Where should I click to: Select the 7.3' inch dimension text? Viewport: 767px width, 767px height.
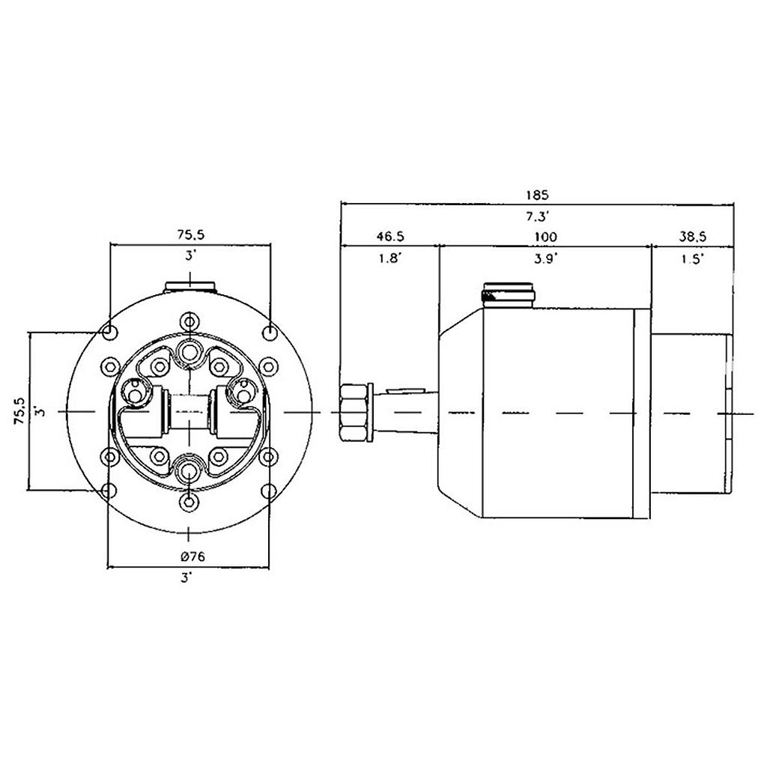(537, 216)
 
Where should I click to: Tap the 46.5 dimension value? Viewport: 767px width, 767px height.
(389, 237)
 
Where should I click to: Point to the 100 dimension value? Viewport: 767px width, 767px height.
(545, 237)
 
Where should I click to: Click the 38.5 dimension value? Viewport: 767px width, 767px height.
(693, 237)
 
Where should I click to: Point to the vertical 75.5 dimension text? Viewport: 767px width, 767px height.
(20, 411)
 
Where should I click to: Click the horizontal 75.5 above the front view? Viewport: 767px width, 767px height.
(191, 234)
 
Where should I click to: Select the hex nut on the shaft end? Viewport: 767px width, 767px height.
(355, 412)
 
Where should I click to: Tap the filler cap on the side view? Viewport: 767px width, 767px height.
(509, 293)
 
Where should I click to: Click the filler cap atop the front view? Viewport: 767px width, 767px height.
(190, 286)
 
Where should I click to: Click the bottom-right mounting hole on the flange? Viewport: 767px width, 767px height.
(270, 491)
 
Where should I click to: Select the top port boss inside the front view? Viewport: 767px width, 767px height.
(190, 351)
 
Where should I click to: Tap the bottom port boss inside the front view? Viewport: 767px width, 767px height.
(190, 471)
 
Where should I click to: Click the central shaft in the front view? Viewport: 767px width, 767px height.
(190, 411)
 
